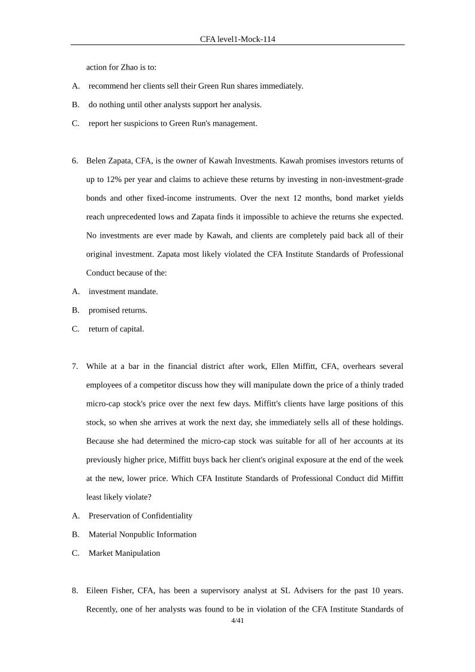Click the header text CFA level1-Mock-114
[237, 39]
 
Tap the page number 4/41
[237, 621]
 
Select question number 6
[75, 161]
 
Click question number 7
[75, 366]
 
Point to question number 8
[75, 591]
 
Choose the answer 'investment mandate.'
[123, 292]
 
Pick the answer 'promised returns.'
[118, 310]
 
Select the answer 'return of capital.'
[116, 329]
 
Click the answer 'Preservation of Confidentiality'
[141, 516]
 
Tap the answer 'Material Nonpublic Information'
[143, 534]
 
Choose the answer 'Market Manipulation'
[125, 553]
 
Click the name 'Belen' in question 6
[96, 161]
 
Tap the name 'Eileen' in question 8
[98, 591]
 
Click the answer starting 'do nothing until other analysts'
[175, 105]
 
